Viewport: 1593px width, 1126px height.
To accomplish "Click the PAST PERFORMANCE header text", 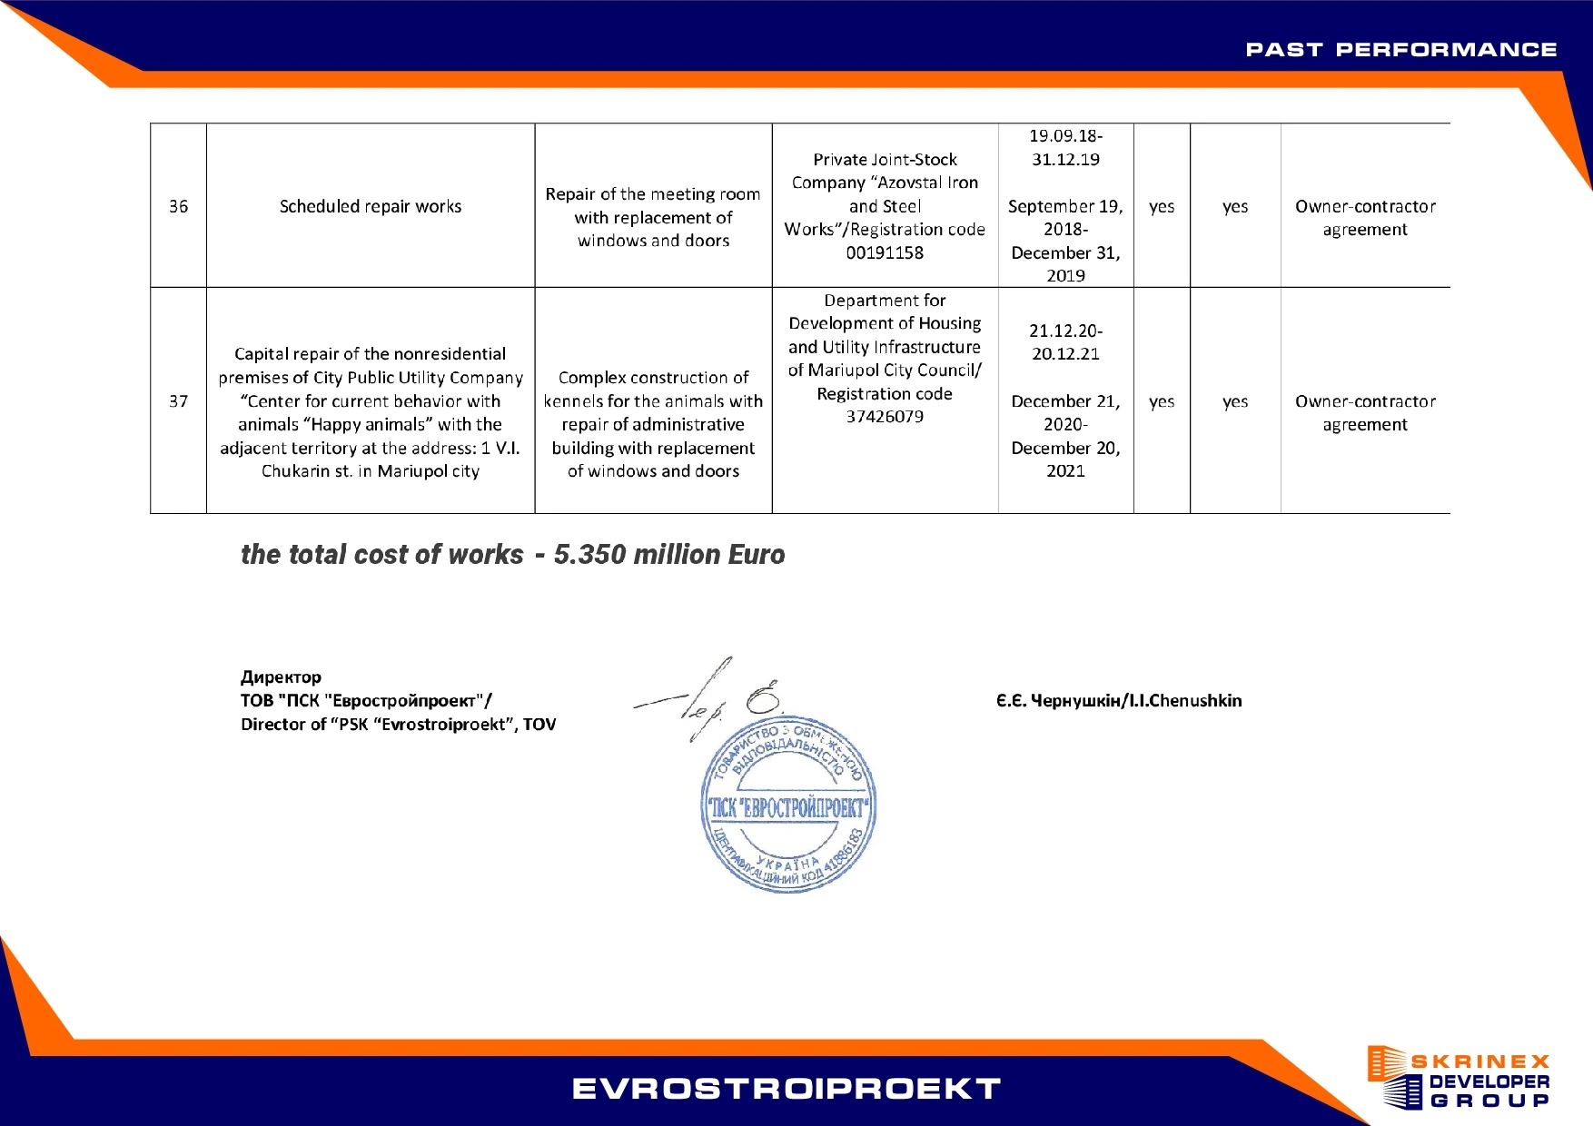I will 1400,50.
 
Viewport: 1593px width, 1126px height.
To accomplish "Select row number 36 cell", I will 178,206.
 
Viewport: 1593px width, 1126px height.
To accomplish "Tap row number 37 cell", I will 178,401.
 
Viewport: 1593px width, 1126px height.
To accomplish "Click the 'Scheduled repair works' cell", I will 371,206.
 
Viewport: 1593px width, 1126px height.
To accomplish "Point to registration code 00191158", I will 885,253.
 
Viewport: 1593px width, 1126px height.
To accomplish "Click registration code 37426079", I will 885,417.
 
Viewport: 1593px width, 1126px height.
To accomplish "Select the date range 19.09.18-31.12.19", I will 1065,148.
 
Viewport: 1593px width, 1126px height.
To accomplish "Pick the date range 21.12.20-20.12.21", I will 1065,342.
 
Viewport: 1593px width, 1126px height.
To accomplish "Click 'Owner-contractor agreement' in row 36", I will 1365,218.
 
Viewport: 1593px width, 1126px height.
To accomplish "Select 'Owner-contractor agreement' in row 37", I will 1365,413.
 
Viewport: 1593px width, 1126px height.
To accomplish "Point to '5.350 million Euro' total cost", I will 669,555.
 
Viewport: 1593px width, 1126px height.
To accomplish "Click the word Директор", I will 281,677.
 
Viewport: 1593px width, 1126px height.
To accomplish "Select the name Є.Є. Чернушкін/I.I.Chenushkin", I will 1118,701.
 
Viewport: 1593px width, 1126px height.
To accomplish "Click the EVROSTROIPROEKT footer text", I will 787,1089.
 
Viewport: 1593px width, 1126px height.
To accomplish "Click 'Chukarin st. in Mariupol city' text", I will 371,471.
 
